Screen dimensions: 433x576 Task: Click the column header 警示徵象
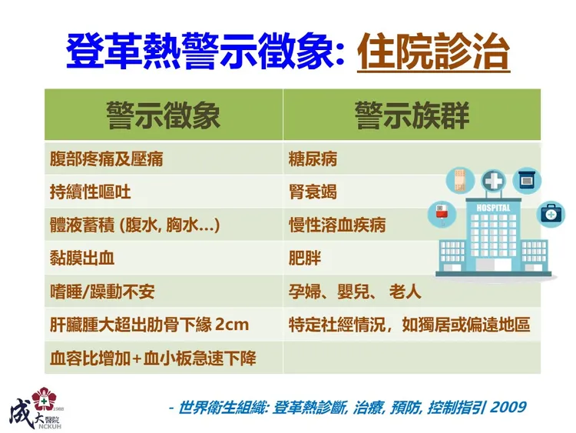163,115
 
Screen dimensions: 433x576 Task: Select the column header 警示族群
412,115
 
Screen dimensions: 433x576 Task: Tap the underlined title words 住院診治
434,52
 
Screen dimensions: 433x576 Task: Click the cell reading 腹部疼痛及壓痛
106,160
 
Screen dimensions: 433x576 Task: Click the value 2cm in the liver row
232,325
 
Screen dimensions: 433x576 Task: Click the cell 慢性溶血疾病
336,225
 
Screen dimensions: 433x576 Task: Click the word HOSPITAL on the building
493,208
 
